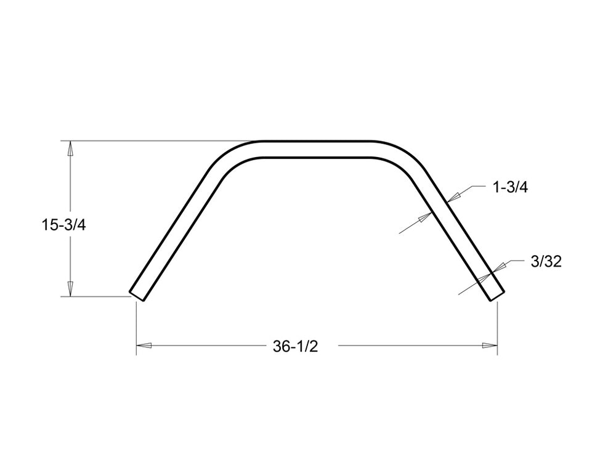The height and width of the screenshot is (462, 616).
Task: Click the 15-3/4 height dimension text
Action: pos(63,225)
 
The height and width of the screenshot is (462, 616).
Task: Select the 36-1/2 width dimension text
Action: pos(295,347)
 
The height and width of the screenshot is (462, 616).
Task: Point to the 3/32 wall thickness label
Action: pos(545,262)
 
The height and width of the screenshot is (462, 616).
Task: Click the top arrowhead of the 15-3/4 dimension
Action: pos(70,148)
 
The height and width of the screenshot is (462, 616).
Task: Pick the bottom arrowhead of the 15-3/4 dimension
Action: pos(70,289)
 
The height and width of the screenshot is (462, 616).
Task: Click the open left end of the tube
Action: pos(136,294)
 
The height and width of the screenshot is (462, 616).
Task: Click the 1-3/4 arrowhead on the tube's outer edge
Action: pos(454,196)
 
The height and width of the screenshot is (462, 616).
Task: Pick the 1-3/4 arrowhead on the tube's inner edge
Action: pos(424,217)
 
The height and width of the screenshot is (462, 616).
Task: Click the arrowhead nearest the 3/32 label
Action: pos(500,266)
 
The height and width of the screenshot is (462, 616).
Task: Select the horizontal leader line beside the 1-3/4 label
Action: pos(477,185)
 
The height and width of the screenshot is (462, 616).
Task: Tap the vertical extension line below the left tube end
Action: pos(136,326)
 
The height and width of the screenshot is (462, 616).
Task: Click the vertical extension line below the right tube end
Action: pos(498,326)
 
